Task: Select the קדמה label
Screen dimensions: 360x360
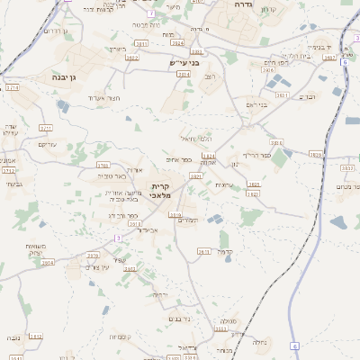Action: point(225,252)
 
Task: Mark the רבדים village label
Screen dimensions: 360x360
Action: point(308,96)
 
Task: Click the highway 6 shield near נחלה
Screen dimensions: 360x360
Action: point(294,346)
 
